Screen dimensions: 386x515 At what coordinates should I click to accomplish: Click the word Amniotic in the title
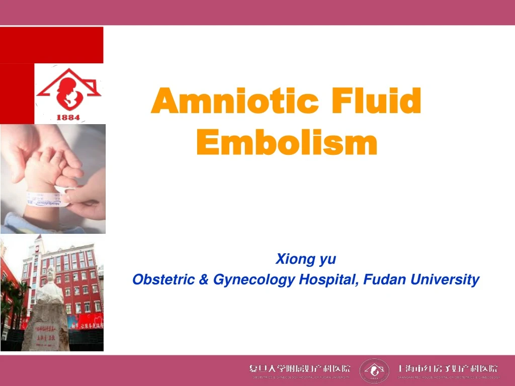click(x=234, y=102)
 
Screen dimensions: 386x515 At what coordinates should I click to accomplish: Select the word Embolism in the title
click(x=286, y=143)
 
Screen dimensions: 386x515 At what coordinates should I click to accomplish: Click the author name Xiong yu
click(x=306, y=259)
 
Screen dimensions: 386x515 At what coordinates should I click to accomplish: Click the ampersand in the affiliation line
click(x=204, y=279)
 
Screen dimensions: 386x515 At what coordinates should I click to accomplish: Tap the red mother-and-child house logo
click(x=68, y=90)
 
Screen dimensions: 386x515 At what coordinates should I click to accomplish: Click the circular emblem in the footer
click(x=375, y=370)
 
